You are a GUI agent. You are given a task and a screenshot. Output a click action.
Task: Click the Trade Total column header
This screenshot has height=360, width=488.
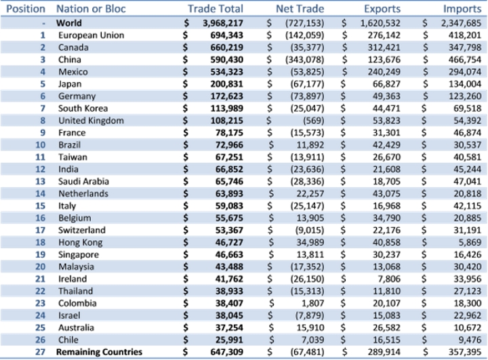[216, 9]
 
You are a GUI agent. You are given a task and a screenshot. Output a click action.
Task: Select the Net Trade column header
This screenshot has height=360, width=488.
[300, 9]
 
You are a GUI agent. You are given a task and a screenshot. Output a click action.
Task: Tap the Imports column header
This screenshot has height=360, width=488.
[462, 9]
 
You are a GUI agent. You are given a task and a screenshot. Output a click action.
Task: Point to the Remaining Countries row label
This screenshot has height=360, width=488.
[100, 353]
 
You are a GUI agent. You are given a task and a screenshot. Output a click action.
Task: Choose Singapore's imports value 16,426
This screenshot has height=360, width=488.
[466, 255]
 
